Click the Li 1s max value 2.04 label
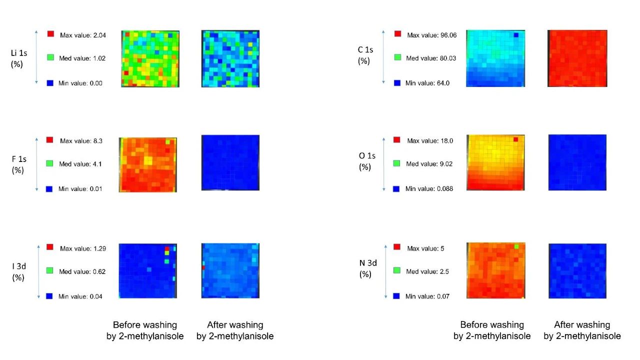click(x=82, y=35)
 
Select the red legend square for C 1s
click(x=397, y=34)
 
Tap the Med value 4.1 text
click(x=81, y=164)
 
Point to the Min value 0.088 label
click(x=429, y=189)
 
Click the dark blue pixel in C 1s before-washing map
click(x=516, y=34)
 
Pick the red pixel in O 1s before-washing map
click(x=515, y=139)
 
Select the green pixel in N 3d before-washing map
click(x=516, y=246)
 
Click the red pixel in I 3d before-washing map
click(x=167, y=248)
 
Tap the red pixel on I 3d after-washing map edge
click(x=203, y=268)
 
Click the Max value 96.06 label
click(x=429, y=35)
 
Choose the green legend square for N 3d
click(x=396, y=270)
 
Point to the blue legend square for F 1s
click(x=49, y=189)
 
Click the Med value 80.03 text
click(x=428, y=58)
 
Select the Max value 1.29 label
click(x=82, y=248)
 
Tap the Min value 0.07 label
click(x=427, y=296)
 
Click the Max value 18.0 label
click(x=430, y=141)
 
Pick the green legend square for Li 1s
click(x=50, y=57)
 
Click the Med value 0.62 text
click(x=82, y=272)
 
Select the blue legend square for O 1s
click(x=396, y=189)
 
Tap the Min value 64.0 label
click(x=427, y=83)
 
